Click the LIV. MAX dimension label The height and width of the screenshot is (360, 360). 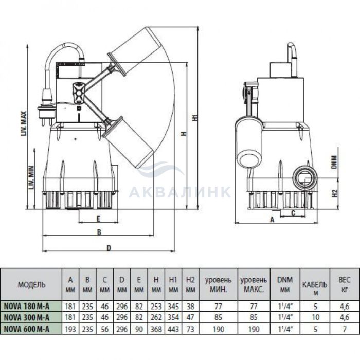pyautogui.click(x=24, y=123)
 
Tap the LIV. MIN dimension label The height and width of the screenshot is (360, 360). pyautogui.click(x=31, y=177)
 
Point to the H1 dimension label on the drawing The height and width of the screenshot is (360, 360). pyautogui.click(x=195, y=117)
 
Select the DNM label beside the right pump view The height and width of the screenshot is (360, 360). pyautogui.click(x=334, y=162)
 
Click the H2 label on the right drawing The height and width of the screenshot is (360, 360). pyautogui.click(x=335, y=193)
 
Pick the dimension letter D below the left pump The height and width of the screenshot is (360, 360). pyautogui.click(x=109, y=248)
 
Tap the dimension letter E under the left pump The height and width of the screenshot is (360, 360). pyautogui.click(x=98, y=219)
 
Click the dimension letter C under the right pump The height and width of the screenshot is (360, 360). pyautogui.click(x=293, y=213)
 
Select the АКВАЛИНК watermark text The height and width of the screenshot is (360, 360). pyautogui.click(x=179, y=192)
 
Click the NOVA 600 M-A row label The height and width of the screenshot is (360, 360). pyautogui.click(x=27, y=329)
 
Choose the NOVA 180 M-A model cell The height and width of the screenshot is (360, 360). pyautogui.click(x=27, y=306)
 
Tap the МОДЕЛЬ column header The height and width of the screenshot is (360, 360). pyautogui.click(x=31, y=285)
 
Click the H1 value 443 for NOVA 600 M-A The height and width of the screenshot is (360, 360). pyautogui.click(x=173, y=329)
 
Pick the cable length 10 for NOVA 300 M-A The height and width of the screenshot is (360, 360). pyautogui.click(x=315, y=317)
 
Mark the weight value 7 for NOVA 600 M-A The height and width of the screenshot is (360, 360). pyautogui.click(x=345, y=329)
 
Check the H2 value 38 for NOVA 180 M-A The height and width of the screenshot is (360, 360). pyautogui.click(x=190, y=307)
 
